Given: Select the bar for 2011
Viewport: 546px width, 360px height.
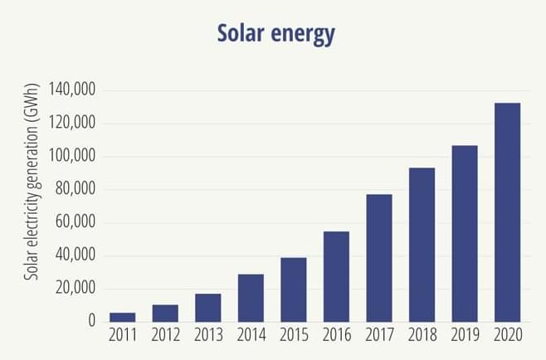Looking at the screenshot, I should tap(123, 317).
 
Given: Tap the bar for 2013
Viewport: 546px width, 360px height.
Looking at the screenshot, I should tap(208, 308).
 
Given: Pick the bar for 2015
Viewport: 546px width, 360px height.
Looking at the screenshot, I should tap(294, 289).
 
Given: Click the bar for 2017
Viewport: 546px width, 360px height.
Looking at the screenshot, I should tap(379, 258).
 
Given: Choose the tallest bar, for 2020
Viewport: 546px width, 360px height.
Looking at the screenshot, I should tap(507, 212).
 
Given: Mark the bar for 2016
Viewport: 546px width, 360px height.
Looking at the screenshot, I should tap(336, 276).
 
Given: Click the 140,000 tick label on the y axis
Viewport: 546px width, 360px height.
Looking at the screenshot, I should tap(73, 90).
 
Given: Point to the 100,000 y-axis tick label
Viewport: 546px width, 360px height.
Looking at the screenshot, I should tap(73, 156).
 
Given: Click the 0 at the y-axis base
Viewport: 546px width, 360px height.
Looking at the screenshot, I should tap(92, 321).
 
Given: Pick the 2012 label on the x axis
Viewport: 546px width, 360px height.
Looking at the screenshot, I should tap(165, 335).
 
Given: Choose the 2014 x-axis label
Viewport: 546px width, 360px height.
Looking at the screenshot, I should tap(251, 335).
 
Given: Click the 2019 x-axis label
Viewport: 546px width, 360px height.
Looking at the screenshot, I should tap(465, 335).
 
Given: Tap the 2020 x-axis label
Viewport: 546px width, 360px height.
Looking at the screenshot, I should tap(507, 335).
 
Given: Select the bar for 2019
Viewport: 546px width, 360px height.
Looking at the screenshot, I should tap(465, 234).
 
